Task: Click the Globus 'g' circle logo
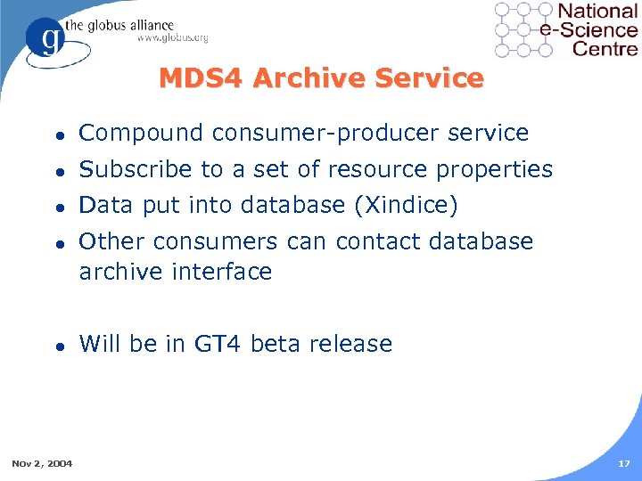pyautogui.click(x=46, y=39)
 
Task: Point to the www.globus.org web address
pyautogui.click(x=172, y=38)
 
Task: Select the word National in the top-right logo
pyautogui.click(x=597, y=12)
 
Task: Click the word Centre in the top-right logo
pyautogui.click(x=605, y=47)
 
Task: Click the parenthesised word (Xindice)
pyautogui.click(x=406, y=206)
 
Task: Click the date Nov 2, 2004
pyautogui.click(x=43, y=462)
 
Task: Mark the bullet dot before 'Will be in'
pyautogui.click(x=58, y=345)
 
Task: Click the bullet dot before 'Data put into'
pyautogui.click(x=58, y=207)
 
